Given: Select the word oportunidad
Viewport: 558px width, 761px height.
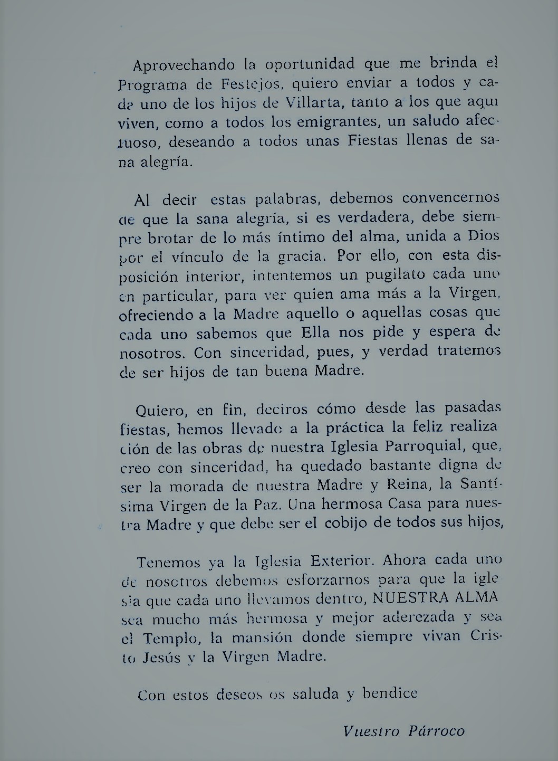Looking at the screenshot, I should pos(311,65).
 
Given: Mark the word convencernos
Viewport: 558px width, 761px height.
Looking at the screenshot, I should pos(450,198).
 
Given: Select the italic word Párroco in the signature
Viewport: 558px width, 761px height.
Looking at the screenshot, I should pos(436,731).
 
